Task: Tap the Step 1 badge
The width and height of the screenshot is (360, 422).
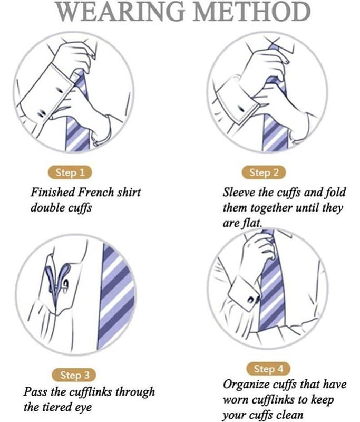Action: pos(70,172)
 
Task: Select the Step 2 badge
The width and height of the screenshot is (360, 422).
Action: pos(264,172)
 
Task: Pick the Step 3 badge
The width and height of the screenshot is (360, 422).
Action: pos(74,375)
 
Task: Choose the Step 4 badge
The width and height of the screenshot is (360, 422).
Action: pos(268,369)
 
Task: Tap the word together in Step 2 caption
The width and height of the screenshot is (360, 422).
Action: pos(271,208)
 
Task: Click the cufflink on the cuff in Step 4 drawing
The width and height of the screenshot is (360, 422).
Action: pos(253,299)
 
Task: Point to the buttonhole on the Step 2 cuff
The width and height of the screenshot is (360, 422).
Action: pos(241,109)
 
